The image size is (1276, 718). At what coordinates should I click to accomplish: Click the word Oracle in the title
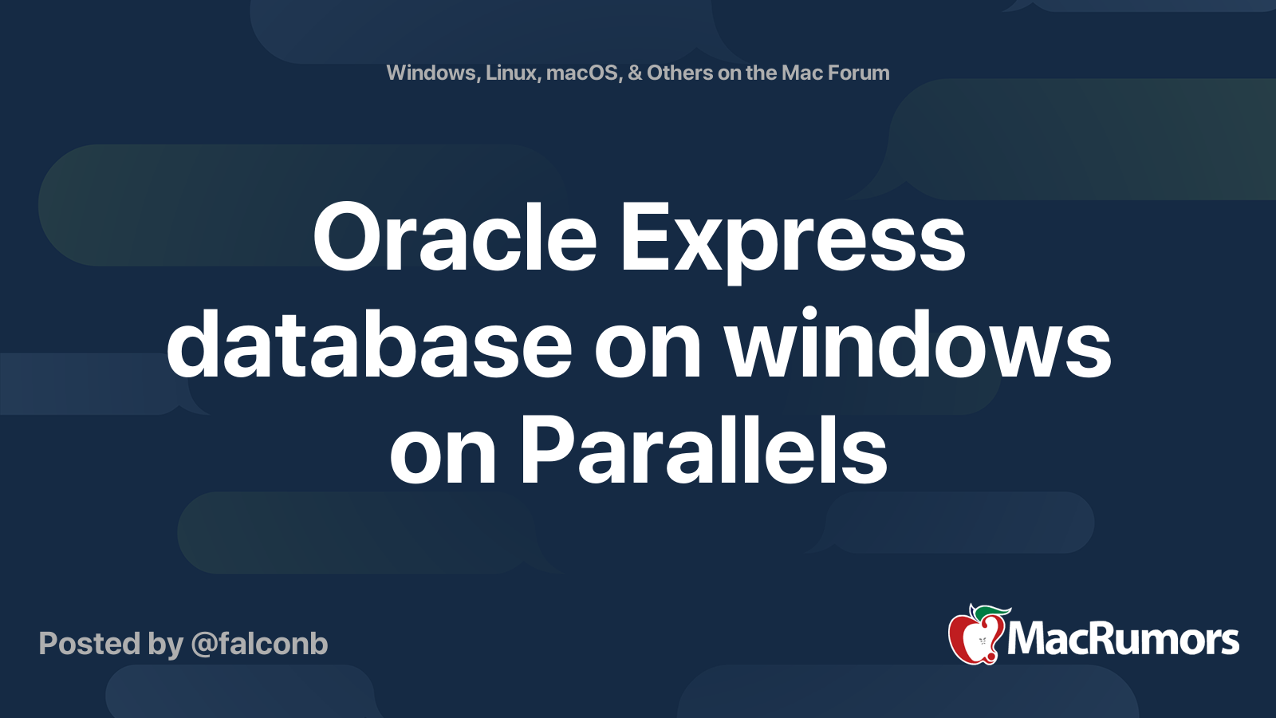[455, 238]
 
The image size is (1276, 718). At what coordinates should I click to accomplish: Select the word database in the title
[369, 345]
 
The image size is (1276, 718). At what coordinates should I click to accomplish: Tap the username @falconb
[260, 644]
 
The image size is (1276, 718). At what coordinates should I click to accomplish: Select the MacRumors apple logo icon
[975, 636]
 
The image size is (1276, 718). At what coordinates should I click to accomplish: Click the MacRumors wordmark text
[1123, 639]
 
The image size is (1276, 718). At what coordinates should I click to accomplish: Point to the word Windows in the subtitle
[431, 73]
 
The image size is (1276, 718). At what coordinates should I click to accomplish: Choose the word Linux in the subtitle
[512, 73]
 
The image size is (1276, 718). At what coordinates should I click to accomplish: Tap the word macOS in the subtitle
[583, 73]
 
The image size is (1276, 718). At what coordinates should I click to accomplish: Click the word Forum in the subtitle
[858, 73]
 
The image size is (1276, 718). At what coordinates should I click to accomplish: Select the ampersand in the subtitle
[635, 73]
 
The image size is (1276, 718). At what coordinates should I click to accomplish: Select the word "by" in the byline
[165, 644]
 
